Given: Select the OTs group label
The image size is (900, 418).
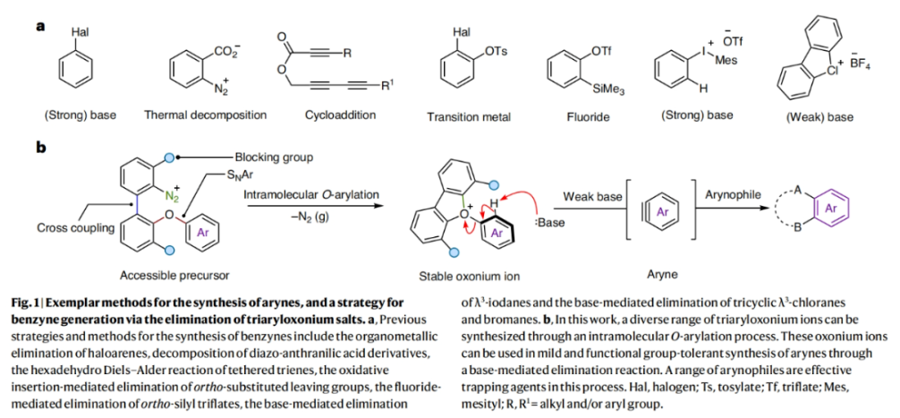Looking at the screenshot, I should (x=493, y=52).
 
